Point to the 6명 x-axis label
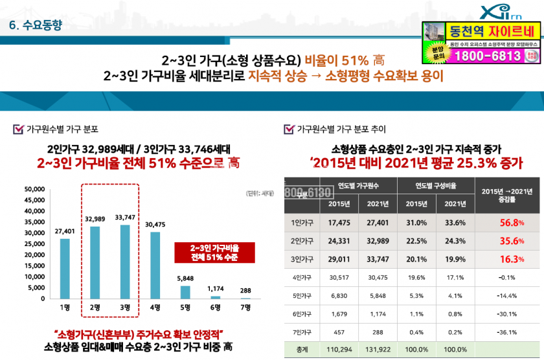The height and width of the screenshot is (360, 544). coord(216,306)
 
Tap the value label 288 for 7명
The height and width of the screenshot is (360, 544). coord(245,291)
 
